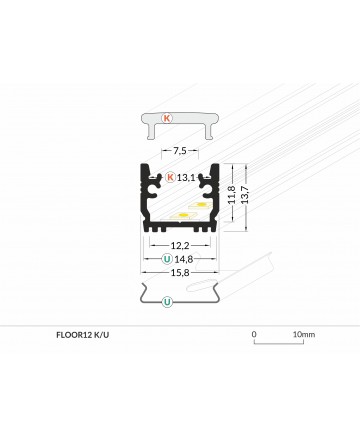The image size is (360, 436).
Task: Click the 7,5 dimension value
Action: click(x=180, y=151)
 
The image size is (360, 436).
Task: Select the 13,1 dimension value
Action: click(x=186, y=178)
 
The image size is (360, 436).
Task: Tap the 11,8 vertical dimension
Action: click(x=232, y=195)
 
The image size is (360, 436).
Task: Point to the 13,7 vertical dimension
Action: click(x=245, y=195)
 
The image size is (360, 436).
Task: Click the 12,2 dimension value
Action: click(x=180, y=246)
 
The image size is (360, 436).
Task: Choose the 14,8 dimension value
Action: click(x=184, y=259)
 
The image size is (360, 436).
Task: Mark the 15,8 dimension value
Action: click(x=180, y=273)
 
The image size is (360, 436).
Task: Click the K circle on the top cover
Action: click(x=167, y=118)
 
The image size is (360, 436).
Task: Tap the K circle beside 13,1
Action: click(x=170, y=177)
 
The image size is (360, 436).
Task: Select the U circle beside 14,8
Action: click(x=167, y=259)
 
